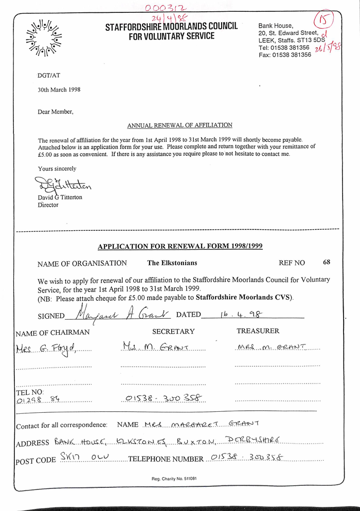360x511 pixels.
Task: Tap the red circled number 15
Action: point(325,21)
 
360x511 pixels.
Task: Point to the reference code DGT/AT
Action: point(49,75)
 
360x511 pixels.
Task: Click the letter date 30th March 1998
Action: point(59,89)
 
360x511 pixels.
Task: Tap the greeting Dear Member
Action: point(56,112)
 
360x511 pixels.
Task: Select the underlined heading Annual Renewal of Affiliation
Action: point(179,125)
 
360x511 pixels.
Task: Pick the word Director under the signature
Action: point(48,205)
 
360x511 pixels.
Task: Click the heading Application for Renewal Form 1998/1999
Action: point(180,246)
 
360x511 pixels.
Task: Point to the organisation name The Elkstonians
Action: point(172,263)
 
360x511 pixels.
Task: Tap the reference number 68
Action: point(327,262)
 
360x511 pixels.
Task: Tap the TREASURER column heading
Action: point(258,332)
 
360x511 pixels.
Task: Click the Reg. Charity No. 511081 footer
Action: point(174,479)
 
